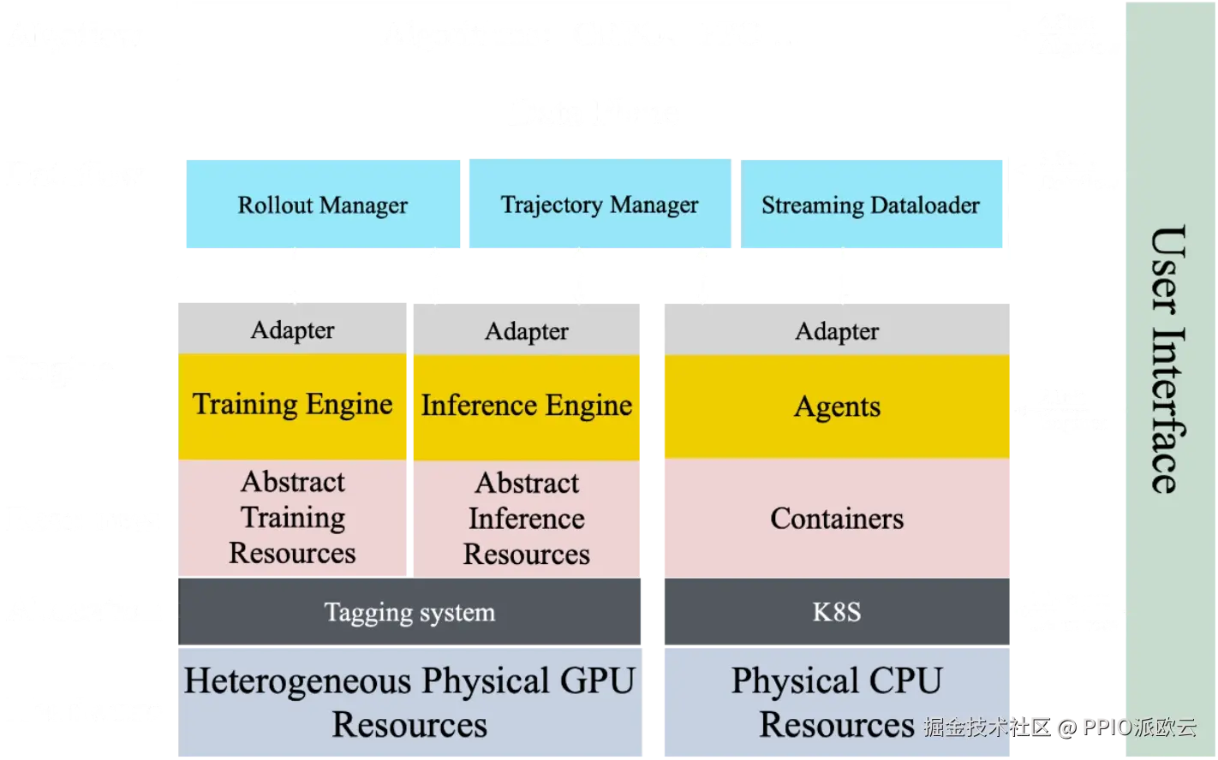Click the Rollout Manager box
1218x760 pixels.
[x=322, y=205]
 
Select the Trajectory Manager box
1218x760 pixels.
[x=599, y=205]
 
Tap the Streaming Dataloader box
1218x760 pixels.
[x=870, y=205]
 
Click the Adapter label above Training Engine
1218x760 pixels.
[x=292, y=330]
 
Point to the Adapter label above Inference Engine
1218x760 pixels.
[x=526, y=331]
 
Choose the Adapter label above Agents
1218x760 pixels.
[x=837, y=331]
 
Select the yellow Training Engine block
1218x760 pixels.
[x=292, y=405]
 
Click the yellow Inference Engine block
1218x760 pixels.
[x=526, y=406]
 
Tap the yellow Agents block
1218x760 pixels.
[x=837, y=407]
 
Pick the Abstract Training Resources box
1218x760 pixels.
[x=292, y=517]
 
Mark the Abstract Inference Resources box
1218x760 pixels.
[x=526, y=519]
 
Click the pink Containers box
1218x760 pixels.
[x=837, y=519]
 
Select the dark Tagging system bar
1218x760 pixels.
[x=409, y=612]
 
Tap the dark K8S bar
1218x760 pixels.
[x=837, y=612]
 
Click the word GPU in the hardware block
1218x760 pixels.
[x=597, y=681]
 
